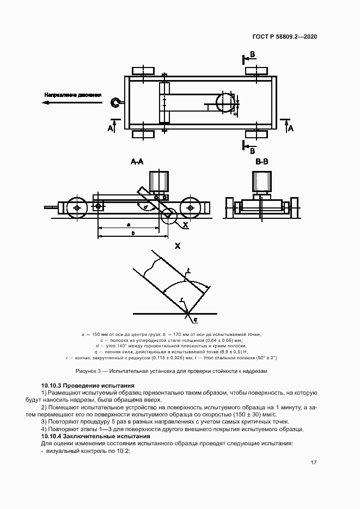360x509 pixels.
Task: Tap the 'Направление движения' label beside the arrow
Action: coord(73,95)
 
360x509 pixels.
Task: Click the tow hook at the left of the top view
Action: coord(115,102)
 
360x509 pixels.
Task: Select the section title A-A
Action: coord(137,162)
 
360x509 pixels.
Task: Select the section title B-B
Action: coord(262,162)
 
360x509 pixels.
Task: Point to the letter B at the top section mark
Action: coord(252,54)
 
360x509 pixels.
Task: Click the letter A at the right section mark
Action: coord(291,128)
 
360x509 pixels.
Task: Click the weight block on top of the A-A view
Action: coord(159,180)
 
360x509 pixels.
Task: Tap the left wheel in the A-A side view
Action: coord(76,207)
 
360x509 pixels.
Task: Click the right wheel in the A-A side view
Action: coord(190,207)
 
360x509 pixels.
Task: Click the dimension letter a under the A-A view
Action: coord(127,224)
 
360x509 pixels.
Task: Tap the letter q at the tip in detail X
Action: coord(196,320)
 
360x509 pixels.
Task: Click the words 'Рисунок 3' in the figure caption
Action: coord(87,371)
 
